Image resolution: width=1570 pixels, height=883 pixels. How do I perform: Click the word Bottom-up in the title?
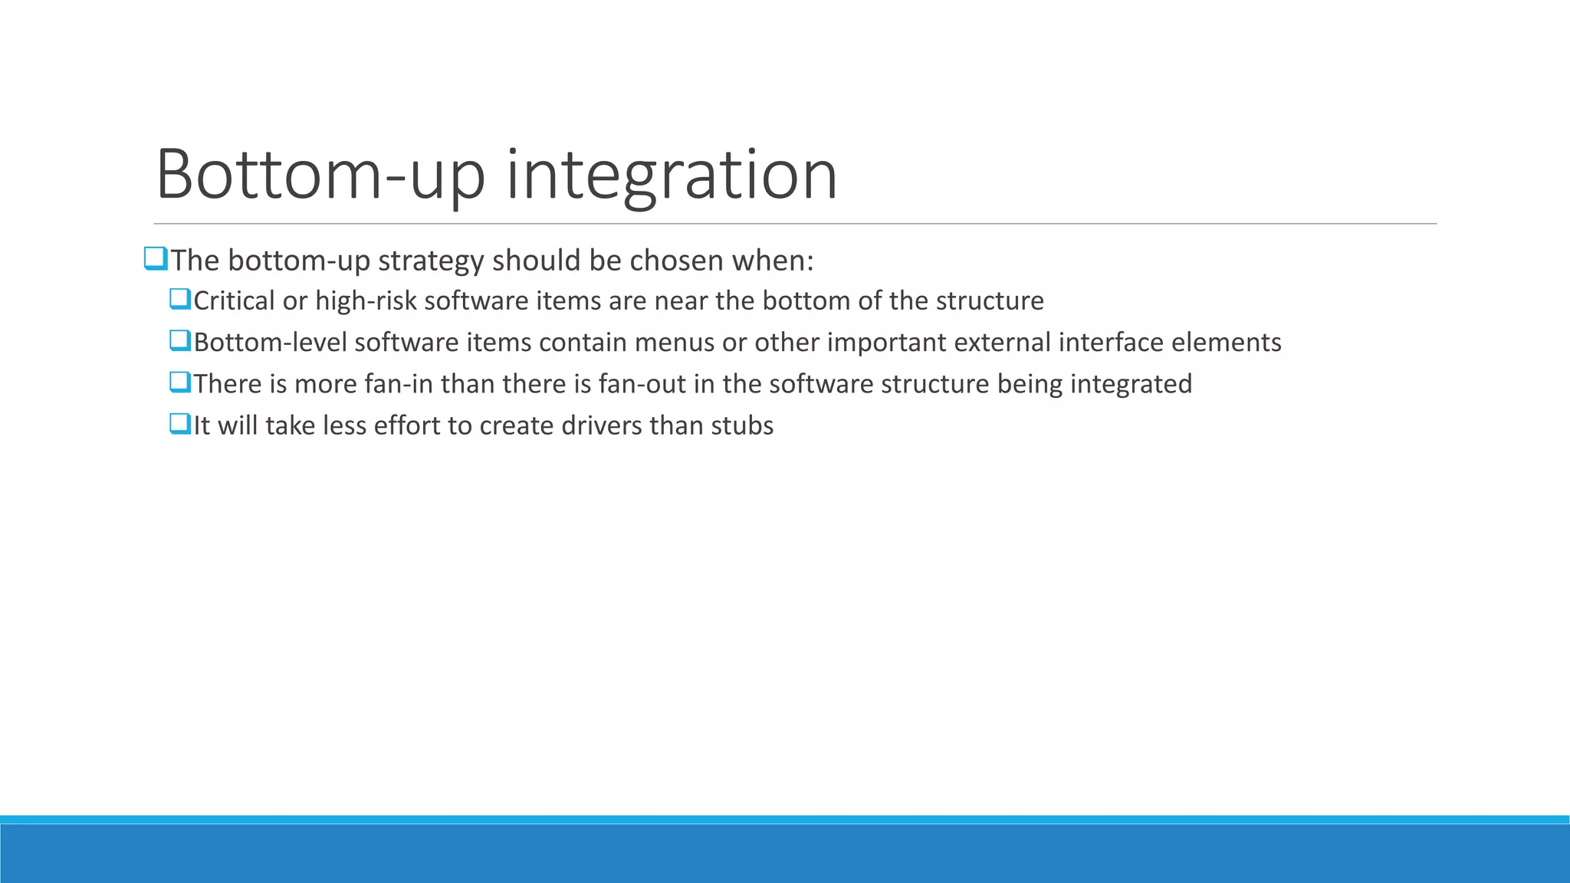320,175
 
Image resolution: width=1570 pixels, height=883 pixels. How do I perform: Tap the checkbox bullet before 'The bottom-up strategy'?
155,259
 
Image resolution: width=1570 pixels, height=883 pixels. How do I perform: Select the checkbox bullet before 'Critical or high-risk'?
179,299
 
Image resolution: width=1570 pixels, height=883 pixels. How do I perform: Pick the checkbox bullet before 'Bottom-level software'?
179,340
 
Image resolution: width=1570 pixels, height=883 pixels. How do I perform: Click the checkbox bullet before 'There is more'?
179,382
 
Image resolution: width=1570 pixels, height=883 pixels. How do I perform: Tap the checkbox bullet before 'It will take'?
179,423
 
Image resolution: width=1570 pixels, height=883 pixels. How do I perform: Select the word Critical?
234,300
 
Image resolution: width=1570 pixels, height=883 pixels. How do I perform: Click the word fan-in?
399,383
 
